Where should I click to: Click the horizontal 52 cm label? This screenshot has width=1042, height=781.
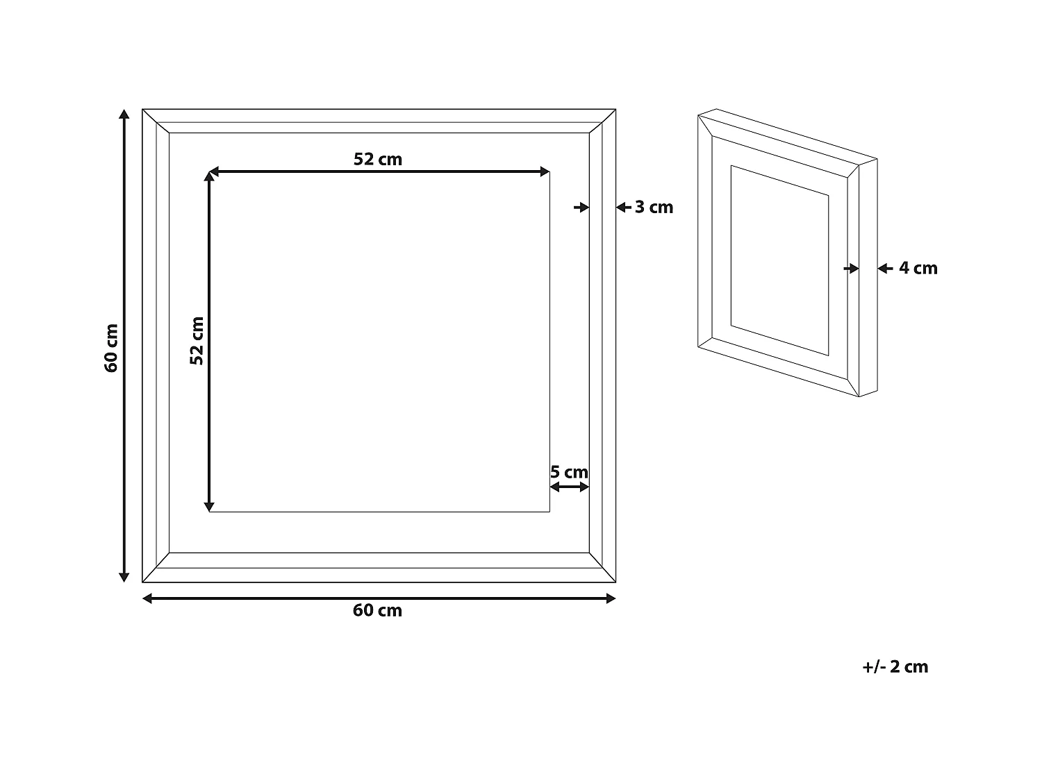(x=378, y=159)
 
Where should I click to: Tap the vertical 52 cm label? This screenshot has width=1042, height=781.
(x=197, y=341)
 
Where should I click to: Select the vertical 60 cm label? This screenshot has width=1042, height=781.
(x=112, y=348)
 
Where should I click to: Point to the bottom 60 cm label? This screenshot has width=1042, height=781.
(x=377, y=610)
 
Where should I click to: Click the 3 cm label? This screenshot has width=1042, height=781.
(x=654, y=207)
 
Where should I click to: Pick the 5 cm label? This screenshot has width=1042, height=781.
(x=569, y=472)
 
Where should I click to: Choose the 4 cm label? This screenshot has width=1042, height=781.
(x=918, y=268)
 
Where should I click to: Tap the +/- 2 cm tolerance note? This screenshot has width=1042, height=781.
(x=895, y=666)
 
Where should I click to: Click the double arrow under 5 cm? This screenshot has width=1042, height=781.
(x=570, y=487)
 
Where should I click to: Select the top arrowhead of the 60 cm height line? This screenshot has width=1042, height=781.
(x=124, y=115)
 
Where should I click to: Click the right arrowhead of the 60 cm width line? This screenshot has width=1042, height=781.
(x=611, y=598)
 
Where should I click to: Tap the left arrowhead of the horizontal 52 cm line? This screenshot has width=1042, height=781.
(x=215, y=171)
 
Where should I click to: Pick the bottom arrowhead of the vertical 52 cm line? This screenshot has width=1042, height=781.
(x=209, y=506)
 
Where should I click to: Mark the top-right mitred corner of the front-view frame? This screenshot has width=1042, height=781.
(x=602, y=121)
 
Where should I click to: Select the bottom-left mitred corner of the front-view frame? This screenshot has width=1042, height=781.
(x=156, y=568)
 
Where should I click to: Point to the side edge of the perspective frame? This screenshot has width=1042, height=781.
(x=868, y=278)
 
